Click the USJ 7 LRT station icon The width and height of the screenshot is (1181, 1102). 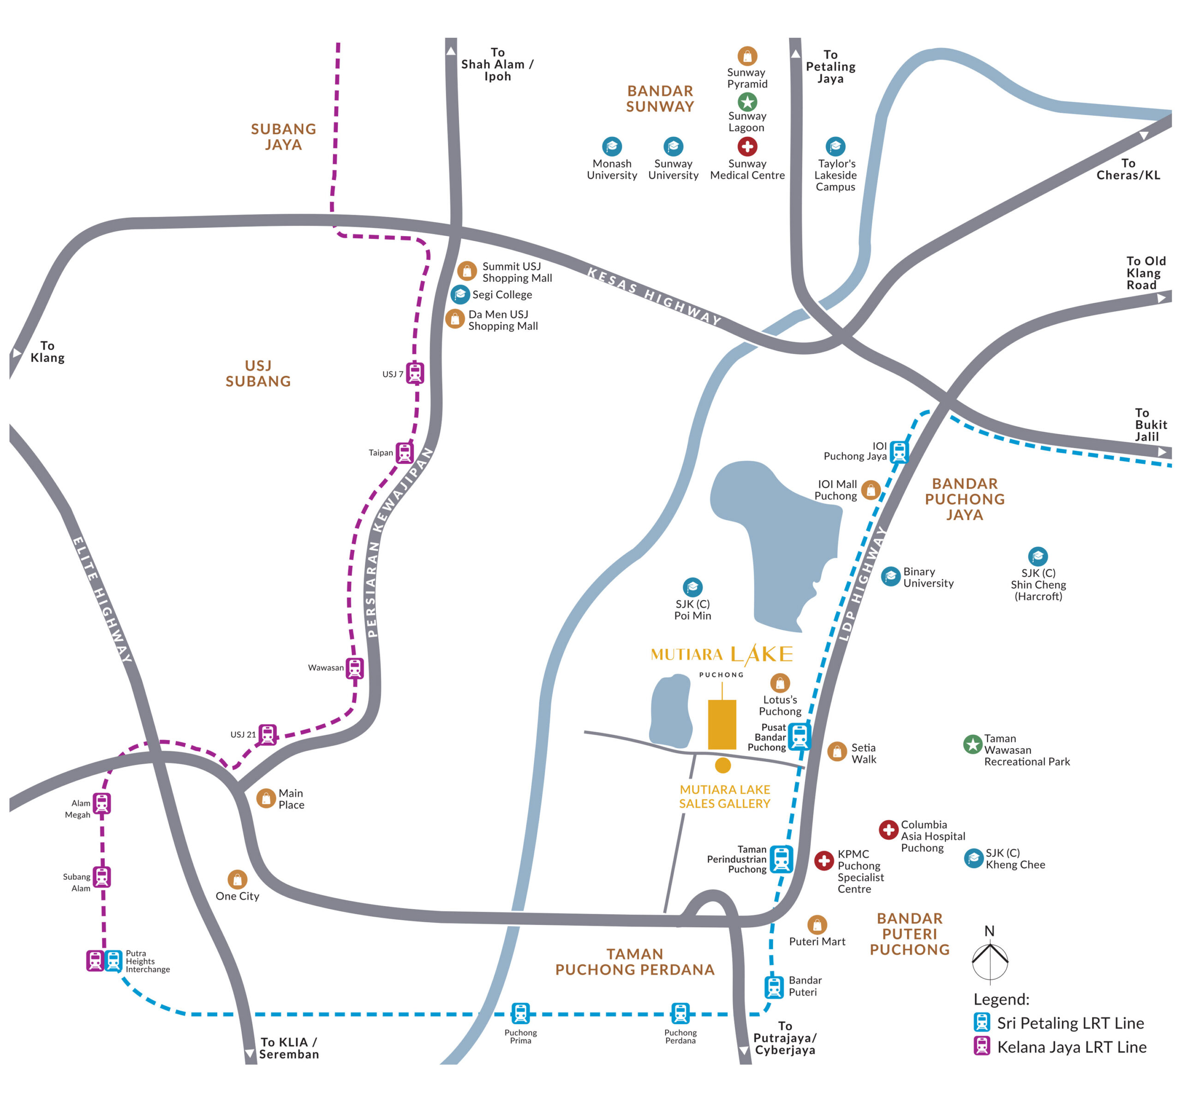[415, 373]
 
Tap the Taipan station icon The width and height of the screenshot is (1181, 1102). [405, 453]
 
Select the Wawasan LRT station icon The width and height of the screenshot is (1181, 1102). [355, 668]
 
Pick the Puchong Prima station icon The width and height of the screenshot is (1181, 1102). [520, 1013]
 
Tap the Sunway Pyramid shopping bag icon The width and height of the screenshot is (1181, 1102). [747, 56]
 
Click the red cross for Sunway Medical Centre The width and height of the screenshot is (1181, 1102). [747, 146]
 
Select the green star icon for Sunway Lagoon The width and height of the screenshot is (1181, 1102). [747, 101]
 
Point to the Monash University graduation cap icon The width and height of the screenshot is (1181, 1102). [611, 146]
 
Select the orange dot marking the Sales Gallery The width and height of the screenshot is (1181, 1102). [722, 765]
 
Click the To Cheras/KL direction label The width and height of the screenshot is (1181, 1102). [1127, 169]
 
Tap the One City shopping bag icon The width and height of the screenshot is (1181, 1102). [237, 879]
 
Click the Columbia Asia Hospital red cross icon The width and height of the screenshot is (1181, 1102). [888, 829]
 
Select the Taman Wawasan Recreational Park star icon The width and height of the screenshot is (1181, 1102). [972, 744]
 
